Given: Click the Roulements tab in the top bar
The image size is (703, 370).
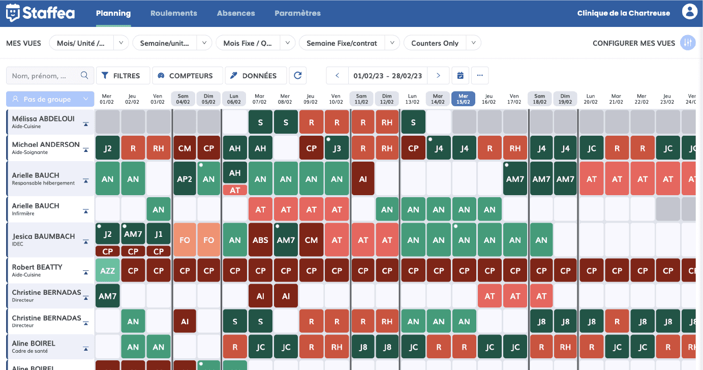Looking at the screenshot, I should click(x=173, y=13).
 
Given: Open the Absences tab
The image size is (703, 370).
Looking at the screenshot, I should click(x=236, y=13).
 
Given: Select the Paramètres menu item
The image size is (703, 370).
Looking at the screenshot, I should click(x=297, y=13).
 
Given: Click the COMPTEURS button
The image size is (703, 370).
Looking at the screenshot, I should click(x=187, y=76).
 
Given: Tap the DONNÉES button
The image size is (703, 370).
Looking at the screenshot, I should click(x=256, y=76).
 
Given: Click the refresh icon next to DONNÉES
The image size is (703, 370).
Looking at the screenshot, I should click(x=298, y=76).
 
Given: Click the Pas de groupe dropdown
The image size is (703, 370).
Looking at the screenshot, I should click(x=50, y=99).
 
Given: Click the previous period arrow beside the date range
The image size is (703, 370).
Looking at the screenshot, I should click(x=337, y=76).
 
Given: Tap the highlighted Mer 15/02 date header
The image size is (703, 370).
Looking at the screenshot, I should click(x=463, y=99).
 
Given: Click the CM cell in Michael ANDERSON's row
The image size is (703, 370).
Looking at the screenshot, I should click(x=185, y=148).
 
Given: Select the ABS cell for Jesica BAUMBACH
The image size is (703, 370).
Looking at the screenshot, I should click(x=260, y=240).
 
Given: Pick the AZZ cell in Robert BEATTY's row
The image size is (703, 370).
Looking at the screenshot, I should click(x=107, y=271).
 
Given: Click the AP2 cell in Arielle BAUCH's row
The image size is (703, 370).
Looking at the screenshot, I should click(x=185, y=179).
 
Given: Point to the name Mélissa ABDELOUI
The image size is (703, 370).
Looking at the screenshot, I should click(x=43, y=118).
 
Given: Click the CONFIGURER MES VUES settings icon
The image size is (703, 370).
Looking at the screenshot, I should click(x=688, y=43).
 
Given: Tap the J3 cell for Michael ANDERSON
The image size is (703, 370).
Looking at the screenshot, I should click(x=337, y=148).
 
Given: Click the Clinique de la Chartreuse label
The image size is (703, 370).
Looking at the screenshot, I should click(x=623, y=13).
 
